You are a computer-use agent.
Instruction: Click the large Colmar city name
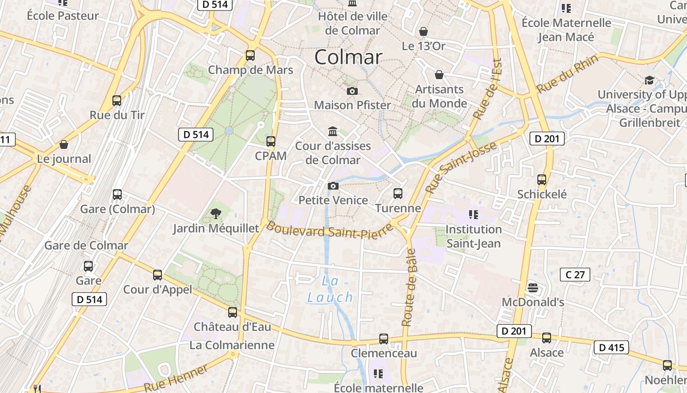[348, 57]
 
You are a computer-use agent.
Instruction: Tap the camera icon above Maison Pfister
[352, 91]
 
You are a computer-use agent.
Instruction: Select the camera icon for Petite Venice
[333, 186]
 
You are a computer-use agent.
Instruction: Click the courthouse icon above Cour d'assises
[333, 132]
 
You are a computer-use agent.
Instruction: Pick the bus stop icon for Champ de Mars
[250, 55]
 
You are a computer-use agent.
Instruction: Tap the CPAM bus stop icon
[270, 141]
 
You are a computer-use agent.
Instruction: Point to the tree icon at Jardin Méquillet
[215, 213]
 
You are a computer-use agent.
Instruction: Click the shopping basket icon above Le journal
[63, 144]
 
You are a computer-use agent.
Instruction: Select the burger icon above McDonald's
[533, 288]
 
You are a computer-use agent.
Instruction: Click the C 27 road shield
[575, 275]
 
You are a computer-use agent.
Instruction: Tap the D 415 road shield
[611, 348]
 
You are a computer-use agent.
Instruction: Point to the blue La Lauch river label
[330, 289]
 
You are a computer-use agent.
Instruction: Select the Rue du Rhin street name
[567, 74]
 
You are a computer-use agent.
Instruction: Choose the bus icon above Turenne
[398, 194]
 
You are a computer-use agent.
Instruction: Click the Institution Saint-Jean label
[474, 236]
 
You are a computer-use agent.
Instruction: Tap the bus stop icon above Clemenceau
[384, 339]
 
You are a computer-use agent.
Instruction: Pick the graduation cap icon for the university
[649, 80]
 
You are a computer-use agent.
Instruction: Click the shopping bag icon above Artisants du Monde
[439, 75]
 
